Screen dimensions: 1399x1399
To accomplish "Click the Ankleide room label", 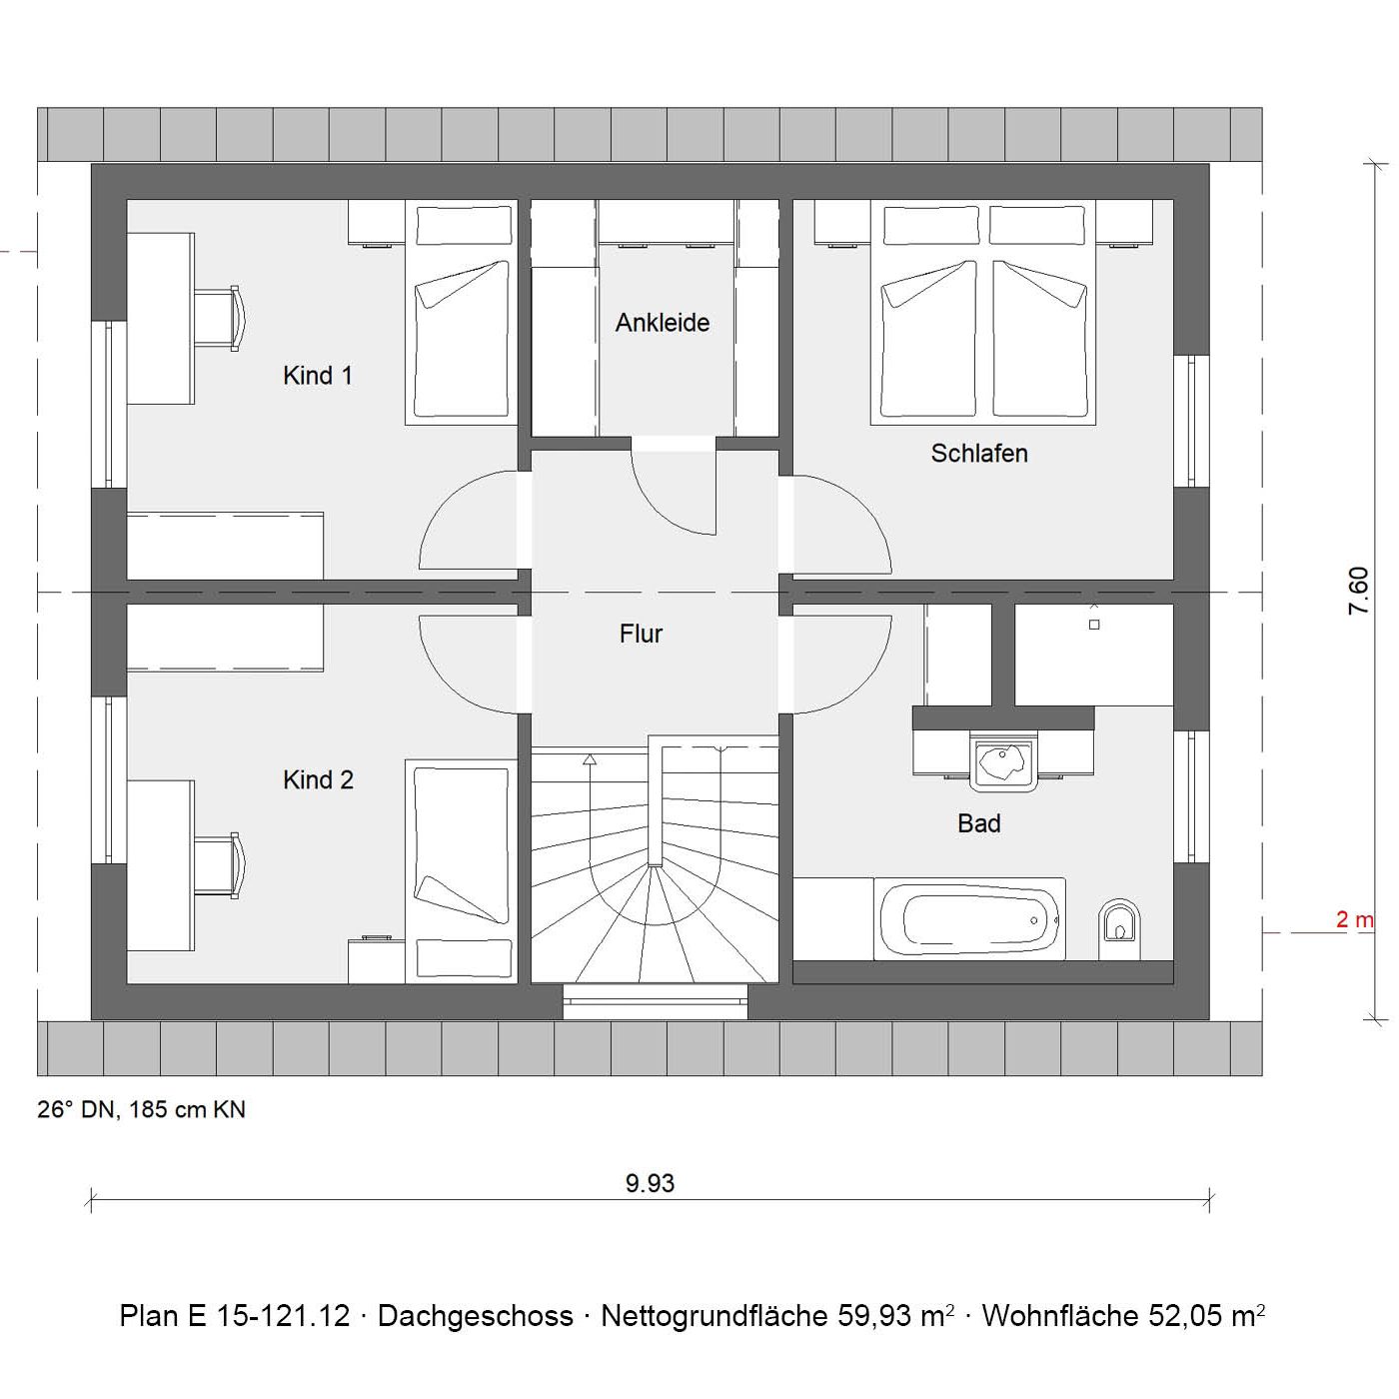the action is click(x=663, y=323).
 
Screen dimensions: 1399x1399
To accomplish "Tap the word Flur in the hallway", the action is click(x=641, y=634).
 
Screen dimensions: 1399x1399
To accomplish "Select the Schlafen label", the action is click(x=979, y=453).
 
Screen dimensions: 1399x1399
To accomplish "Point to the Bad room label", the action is click(x=978, y=823).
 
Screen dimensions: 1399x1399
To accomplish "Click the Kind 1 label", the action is click(x=317, y=376).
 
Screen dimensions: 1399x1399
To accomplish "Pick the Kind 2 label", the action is click(x=318, y=779).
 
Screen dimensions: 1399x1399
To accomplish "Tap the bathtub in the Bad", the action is click(x=970, y=919).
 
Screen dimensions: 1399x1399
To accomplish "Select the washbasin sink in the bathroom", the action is click(x=1003, y=760).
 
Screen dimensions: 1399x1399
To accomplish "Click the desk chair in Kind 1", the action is click(x=220, y=319).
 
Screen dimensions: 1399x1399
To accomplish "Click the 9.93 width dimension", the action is click(x=650, y=1182).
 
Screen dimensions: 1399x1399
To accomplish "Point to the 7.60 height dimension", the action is click(x=1358, y=591).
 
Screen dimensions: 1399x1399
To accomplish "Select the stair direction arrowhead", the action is click(x=591, y=759).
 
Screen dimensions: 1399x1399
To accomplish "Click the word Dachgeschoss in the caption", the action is click(x=476, y=1316).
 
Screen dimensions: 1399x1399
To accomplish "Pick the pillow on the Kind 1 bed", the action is click(x=464, y=226).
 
